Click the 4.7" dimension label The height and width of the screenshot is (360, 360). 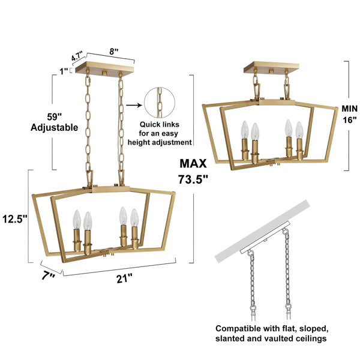pos(77,56)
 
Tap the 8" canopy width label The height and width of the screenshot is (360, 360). pos(114,52)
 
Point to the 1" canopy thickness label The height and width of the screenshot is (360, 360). pos(64,71)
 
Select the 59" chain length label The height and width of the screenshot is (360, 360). pos(55,116)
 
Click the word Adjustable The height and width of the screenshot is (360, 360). pos(55,127)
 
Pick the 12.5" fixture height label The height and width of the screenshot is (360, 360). pos(15,218)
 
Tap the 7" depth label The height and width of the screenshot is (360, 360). pos(49,276)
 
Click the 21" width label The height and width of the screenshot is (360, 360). pos(124,279)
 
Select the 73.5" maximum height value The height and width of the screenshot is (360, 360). pos(193,179)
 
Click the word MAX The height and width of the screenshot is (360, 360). pos(193,163)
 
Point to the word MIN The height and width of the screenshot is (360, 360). pos(349,109)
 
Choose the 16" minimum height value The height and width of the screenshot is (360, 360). pos(350,119)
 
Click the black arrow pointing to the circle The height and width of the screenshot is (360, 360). pos(134,106)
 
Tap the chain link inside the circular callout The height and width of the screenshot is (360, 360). pos(160,103)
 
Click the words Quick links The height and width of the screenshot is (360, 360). pos(160,124)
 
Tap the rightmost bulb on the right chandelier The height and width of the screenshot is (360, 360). pos(299,130)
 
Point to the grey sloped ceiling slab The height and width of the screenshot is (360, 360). pos(262,231)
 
